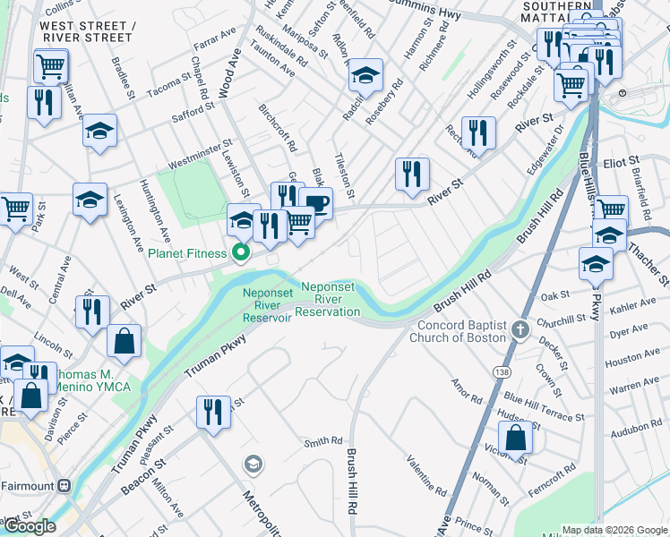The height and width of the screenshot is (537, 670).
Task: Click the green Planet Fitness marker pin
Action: [240, 253]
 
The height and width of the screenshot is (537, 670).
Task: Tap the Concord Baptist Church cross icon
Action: [520, 331]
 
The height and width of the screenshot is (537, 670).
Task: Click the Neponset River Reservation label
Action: [328, 299]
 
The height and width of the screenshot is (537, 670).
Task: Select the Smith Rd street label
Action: [323, 440]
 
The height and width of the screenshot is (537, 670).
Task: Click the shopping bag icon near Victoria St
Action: [515, 439]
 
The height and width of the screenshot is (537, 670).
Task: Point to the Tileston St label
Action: [344, 175]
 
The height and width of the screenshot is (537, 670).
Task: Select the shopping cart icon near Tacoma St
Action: [50, 65]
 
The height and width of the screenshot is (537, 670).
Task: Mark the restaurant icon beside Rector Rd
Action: [478, 133]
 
